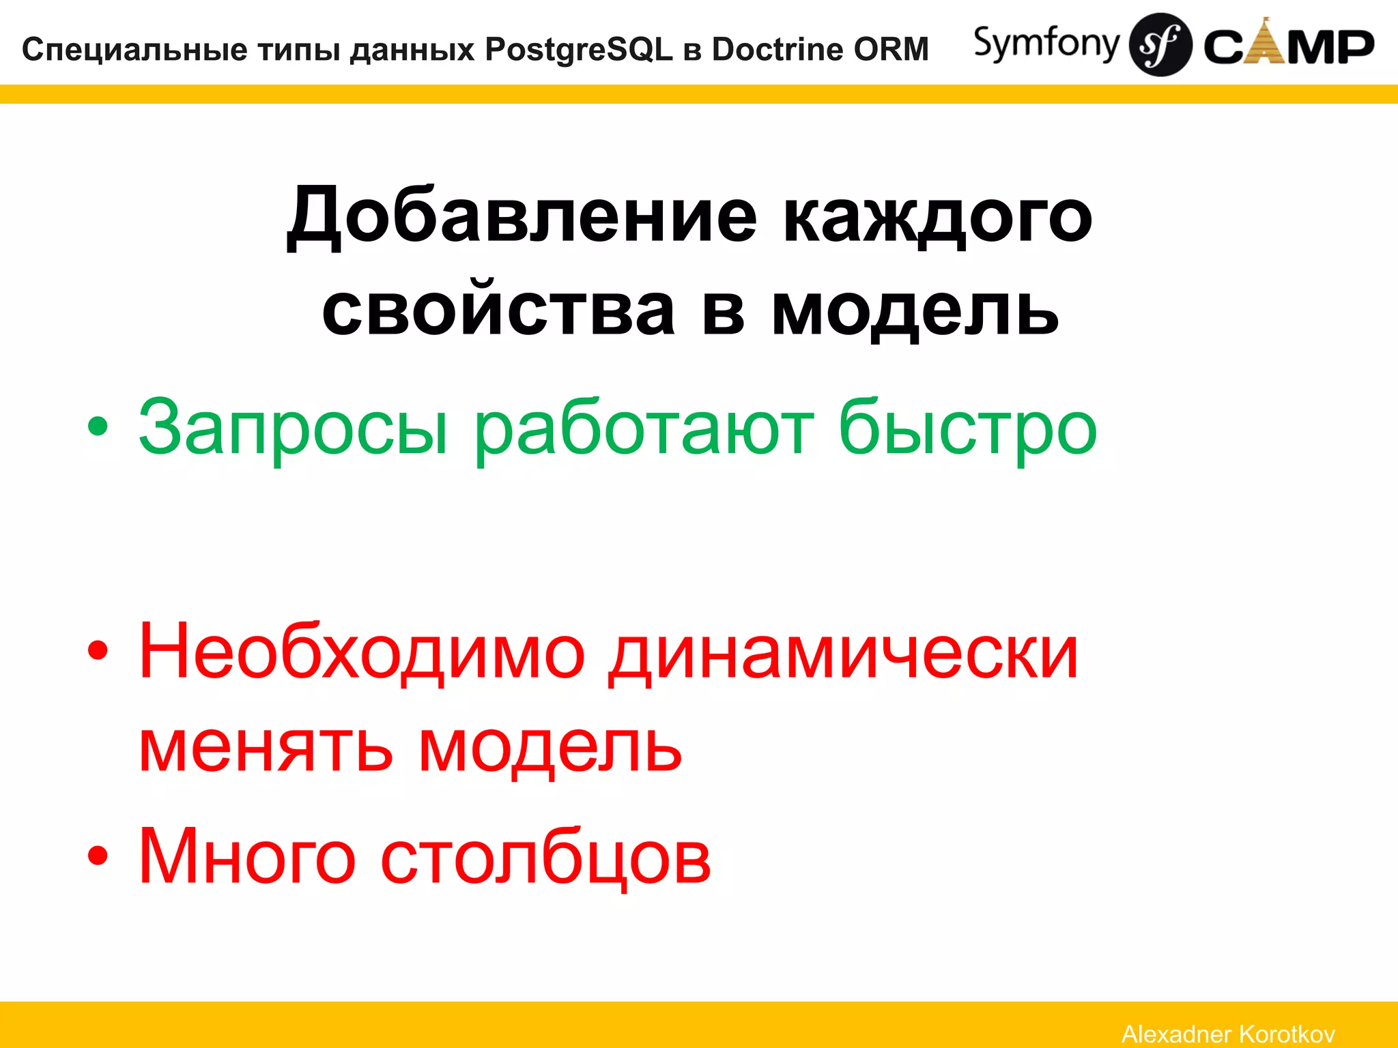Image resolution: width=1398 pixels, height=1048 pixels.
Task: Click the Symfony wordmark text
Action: pos(1046,44)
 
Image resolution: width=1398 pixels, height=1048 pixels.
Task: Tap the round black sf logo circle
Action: pos(1160,44)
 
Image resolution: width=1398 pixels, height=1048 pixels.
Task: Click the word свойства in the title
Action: pos(498,310)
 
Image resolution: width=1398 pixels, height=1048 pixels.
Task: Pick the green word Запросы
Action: pos(294,428)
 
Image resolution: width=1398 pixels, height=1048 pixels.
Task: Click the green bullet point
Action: pos(98,427)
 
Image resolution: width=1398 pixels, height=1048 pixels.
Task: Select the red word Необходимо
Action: pos(362,652)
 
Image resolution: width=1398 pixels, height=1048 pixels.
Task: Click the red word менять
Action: pos(266,747)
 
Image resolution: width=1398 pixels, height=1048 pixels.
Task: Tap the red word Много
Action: pos(247,856)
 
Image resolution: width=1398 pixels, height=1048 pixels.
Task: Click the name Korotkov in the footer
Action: pos(1286,1034)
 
